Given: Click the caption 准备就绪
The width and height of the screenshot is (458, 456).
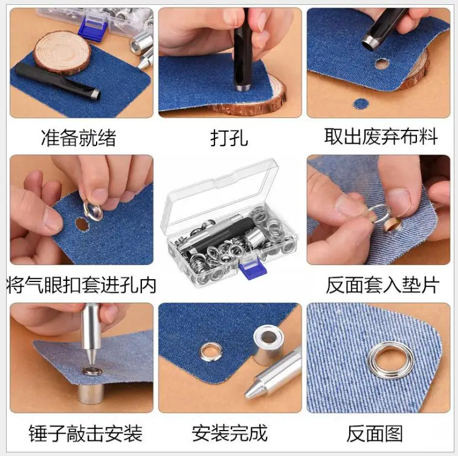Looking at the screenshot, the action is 79,138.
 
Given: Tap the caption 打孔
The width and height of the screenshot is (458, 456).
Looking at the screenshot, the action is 229,138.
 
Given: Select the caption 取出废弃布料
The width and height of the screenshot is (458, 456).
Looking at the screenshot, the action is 381,136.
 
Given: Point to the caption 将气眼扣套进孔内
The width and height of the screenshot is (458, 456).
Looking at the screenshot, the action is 81,284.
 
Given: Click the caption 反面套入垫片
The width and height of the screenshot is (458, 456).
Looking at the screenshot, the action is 382,284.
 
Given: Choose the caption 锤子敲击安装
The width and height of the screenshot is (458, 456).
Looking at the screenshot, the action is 86,433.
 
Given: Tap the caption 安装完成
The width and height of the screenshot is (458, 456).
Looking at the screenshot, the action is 230,433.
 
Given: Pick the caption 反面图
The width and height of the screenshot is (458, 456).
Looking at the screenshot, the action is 375,434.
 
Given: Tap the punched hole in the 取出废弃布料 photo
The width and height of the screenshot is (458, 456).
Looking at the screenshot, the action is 381,64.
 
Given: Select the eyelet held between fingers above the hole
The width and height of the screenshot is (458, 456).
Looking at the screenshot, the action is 93,210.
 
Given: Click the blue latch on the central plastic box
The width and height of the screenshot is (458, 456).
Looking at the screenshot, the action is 249,269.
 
